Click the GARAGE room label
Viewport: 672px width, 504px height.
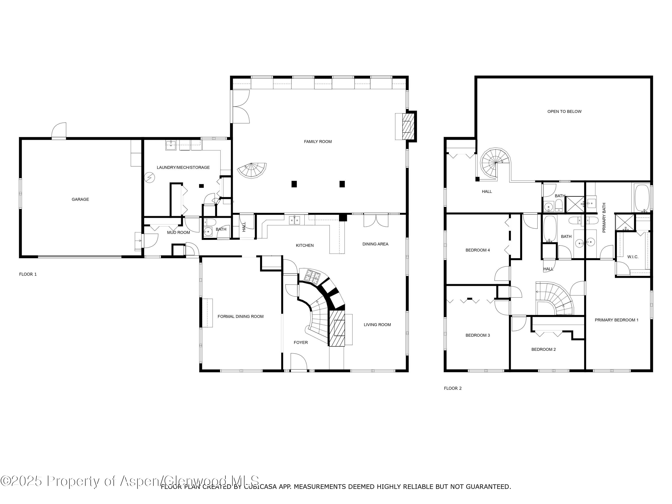pos(80,199)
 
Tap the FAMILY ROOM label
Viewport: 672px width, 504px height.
pos(318,142)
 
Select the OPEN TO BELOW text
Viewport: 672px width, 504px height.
pos(564,112)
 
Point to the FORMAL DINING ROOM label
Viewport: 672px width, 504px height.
pos(241,317)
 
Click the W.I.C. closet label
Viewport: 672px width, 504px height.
pos(633,257)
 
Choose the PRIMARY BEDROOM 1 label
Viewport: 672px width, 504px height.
pos(616,320)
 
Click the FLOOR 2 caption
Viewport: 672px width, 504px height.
pos(453,388)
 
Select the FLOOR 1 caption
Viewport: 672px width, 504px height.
pos(28,274)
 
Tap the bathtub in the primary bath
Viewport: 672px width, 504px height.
pos(641,198)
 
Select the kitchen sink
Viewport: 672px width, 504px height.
pos(294,220)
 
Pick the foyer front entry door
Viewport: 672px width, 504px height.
pos(299,362)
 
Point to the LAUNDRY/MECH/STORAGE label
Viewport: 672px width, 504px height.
pos(183,167)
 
